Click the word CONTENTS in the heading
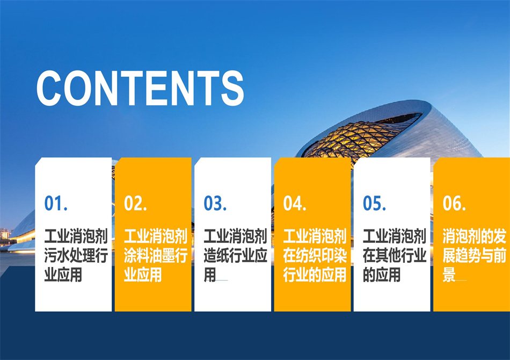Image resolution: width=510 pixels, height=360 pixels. [140, 88]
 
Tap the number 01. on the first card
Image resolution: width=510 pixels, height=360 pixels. [56, 204]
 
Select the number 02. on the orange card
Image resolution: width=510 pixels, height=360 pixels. [136, 204]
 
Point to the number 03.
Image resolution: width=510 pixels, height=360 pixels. [215, 204]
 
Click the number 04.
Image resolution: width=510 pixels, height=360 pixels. [295, 204]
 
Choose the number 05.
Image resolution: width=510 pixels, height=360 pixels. [375, 204]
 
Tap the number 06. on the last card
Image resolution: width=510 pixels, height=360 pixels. [454, 204]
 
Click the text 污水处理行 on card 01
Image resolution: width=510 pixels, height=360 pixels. [76, 256]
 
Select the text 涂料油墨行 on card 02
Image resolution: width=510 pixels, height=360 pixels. [156, 256]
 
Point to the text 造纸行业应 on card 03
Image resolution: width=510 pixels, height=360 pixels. [236, 256]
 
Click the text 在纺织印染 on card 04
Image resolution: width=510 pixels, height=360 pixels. [315, 256]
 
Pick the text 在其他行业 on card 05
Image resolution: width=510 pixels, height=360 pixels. [395, 256]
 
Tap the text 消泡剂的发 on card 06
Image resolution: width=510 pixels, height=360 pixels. [475, 236]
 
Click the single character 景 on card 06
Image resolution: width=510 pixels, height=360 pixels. [449, 275]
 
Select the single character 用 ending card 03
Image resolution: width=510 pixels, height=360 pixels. [210, 275]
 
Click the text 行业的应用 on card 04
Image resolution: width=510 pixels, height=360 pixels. [315, 275]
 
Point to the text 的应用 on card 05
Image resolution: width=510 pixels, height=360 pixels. [382, 275]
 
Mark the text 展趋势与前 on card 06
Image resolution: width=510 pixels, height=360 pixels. [475, 256]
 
